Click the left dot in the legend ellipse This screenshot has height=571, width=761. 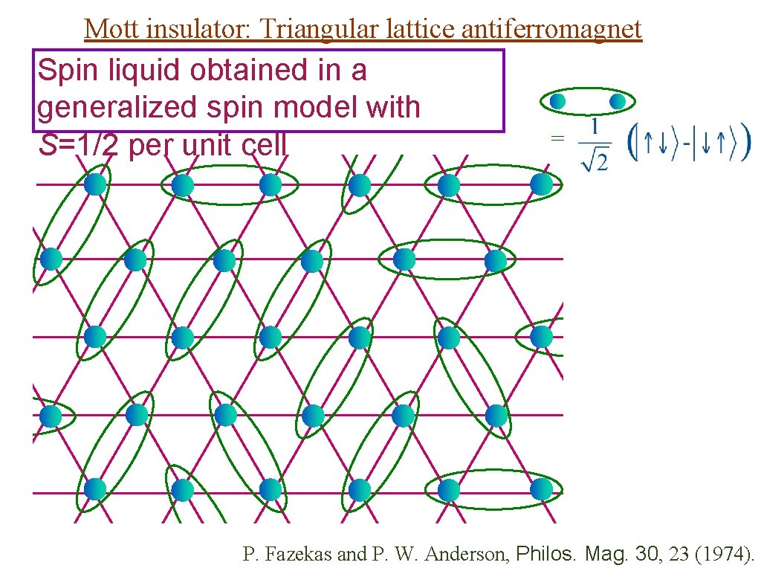(x=558, y=100)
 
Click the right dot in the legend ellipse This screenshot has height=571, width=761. (x=617, y=100)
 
